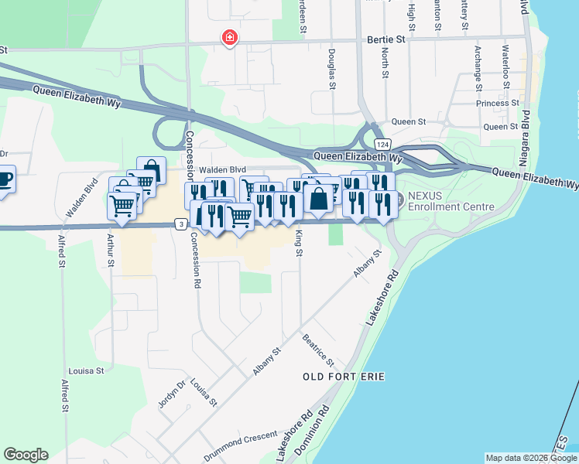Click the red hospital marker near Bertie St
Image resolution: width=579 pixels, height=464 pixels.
coord(229,37)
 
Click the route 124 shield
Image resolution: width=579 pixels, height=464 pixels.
coord(382,145)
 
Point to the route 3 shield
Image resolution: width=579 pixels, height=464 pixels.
coord(180,224)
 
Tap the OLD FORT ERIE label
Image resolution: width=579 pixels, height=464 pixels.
coord(344,376)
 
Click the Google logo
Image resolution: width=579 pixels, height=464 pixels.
coord(26,455)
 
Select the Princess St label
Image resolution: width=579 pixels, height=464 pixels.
coord(498,103)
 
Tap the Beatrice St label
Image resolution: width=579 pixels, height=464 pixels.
coord(318,350)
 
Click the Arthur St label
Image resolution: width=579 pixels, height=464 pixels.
coord(111,252)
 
